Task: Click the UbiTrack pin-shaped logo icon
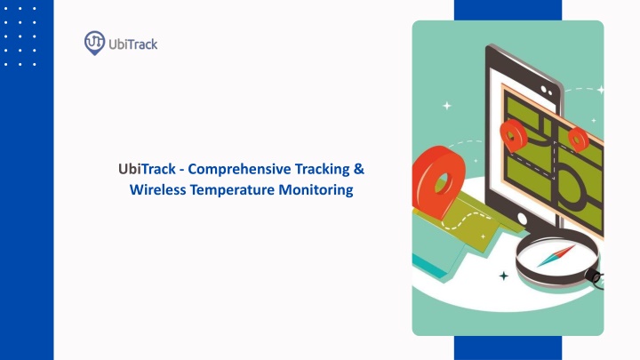click(94, 43)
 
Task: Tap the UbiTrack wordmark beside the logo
click(133, 44)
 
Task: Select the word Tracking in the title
click(323, 169)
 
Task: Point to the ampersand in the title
click(359, 169)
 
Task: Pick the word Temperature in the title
click(232, 190)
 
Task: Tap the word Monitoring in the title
click(316, 190)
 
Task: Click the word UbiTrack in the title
click(147, 169)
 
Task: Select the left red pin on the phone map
click(514, 135)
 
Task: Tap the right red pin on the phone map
click(578, 139)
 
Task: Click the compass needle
click(556, 256)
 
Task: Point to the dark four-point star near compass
click(504, 276)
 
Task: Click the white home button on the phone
click(522, 219)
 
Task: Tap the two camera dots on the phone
click(547, 90)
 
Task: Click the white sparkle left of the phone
click(447, 106)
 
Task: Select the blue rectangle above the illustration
click(508, 10)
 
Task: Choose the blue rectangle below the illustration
click(508, 348)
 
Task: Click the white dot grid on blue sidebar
click(20, 36)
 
